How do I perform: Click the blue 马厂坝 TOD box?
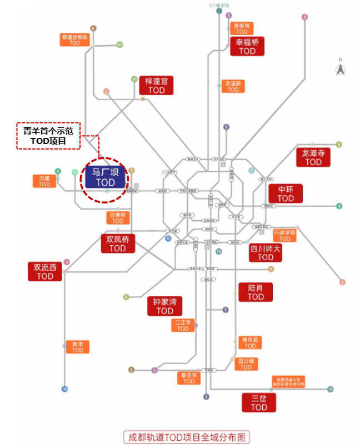click(x=104, y=176)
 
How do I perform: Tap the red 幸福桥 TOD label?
click(x=247, y=46)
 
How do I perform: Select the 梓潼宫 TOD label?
click(x=156, y=85)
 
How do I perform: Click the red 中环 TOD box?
click(x=286, y=193)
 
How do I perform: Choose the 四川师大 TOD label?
click(x=265, y=252)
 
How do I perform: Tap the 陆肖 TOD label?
click(x=256, y=292)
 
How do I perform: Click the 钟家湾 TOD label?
click(x=164, y=306)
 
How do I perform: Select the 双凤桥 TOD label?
click(x=118, y=244)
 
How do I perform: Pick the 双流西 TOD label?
click(x=45, y=271)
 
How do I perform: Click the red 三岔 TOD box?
click(x=259, y=403)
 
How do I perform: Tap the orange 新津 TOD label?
click(x=77, y=347)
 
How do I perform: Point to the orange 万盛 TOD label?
click(x=44, y=181)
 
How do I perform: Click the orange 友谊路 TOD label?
click(x=233, y=86)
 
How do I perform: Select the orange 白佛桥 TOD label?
click(x=118, y=217)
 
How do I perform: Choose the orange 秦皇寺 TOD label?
click(x=189, y=378)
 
